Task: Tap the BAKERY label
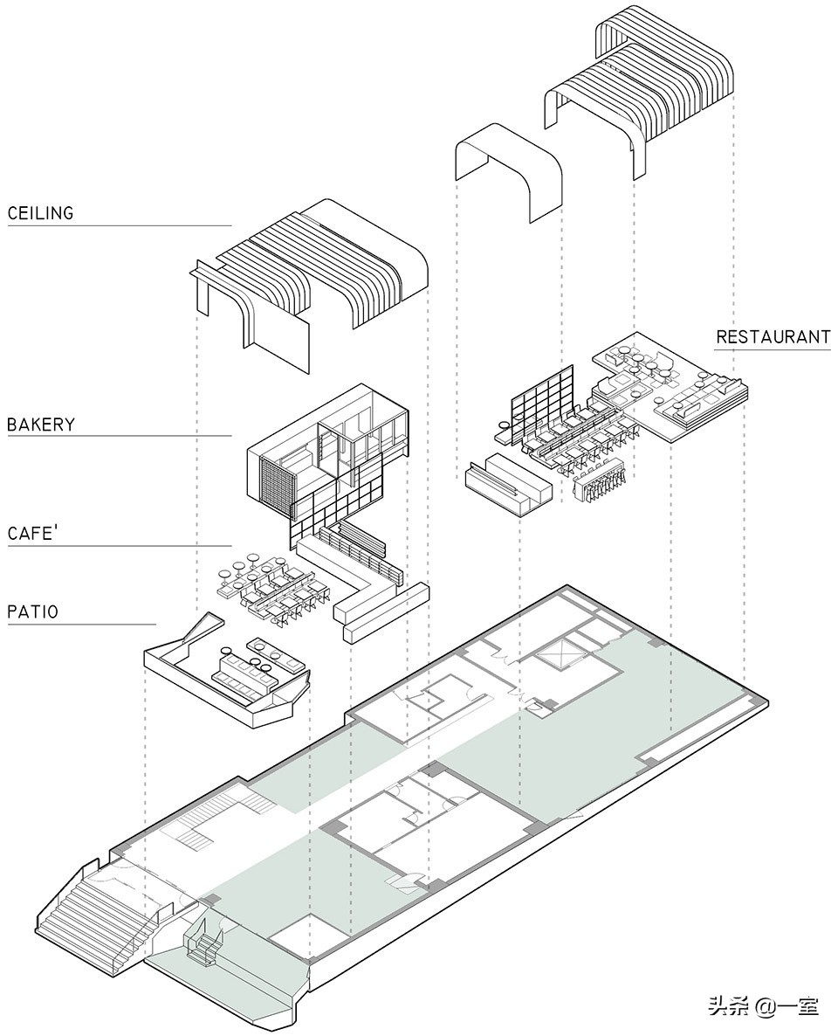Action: tap(41, 425)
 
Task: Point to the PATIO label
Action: tap(33, 611)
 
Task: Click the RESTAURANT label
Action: tap(773, 337)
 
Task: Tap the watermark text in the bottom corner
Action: tap(762, 1007)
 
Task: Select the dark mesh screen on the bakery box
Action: tap(276, 482)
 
